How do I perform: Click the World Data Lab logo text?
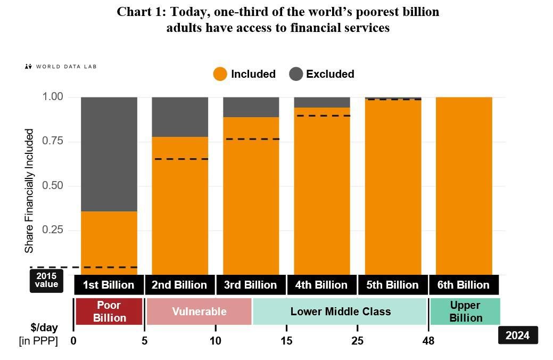[x=65, y=67]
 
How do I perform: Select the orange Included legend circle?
[x=220, y=74]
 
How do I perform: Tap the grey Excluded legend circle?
[x=296, y=74]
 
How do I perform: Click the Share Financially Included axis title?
[x=30, y=191]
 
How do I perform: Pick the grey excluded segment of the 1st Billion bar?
[x=109, y=154]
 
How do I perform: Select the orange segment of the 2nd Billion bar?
[x=180, y=213]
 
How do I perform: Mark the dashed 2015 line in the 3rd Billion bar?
[x=251, y=139]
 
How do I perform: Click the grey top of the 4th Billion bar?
[x=322, y=102]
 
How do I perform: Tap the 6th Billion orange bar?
[x=464, y=186]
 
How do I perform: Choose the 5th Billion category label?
[x=393, y=285]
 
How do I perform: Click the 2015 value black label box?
[x=46, y=281]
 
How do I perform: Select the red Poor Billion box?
[x=109, y=312]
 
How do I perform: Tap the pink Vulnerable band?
[x=199, y=312]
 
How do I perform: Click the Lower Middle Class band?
[x=340, y=312]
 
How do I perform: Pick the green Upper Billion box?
[x=465, y=312]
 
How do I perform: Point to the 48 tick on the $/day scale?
[x=428, y=341]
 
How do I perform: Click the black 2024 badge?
[x=517, y=336]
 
